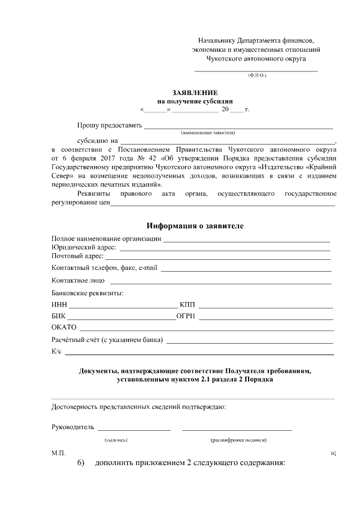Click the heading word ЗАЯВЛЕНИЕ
point(194,92)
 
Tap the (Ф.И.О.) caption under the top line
point(256,75)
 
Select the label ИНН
point(58,305)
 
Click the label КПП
point(187,305)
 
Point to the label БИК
point(58,316)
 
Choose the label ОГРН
point(185,316)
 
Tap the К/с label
point(56,352)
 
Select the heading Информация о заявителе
point(195,226)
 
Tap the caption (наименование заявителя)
point(208,133)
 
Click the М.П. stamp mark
point(58,453)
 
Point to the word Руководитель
point(72,427)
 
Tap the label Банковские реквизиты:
point(87,292)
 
